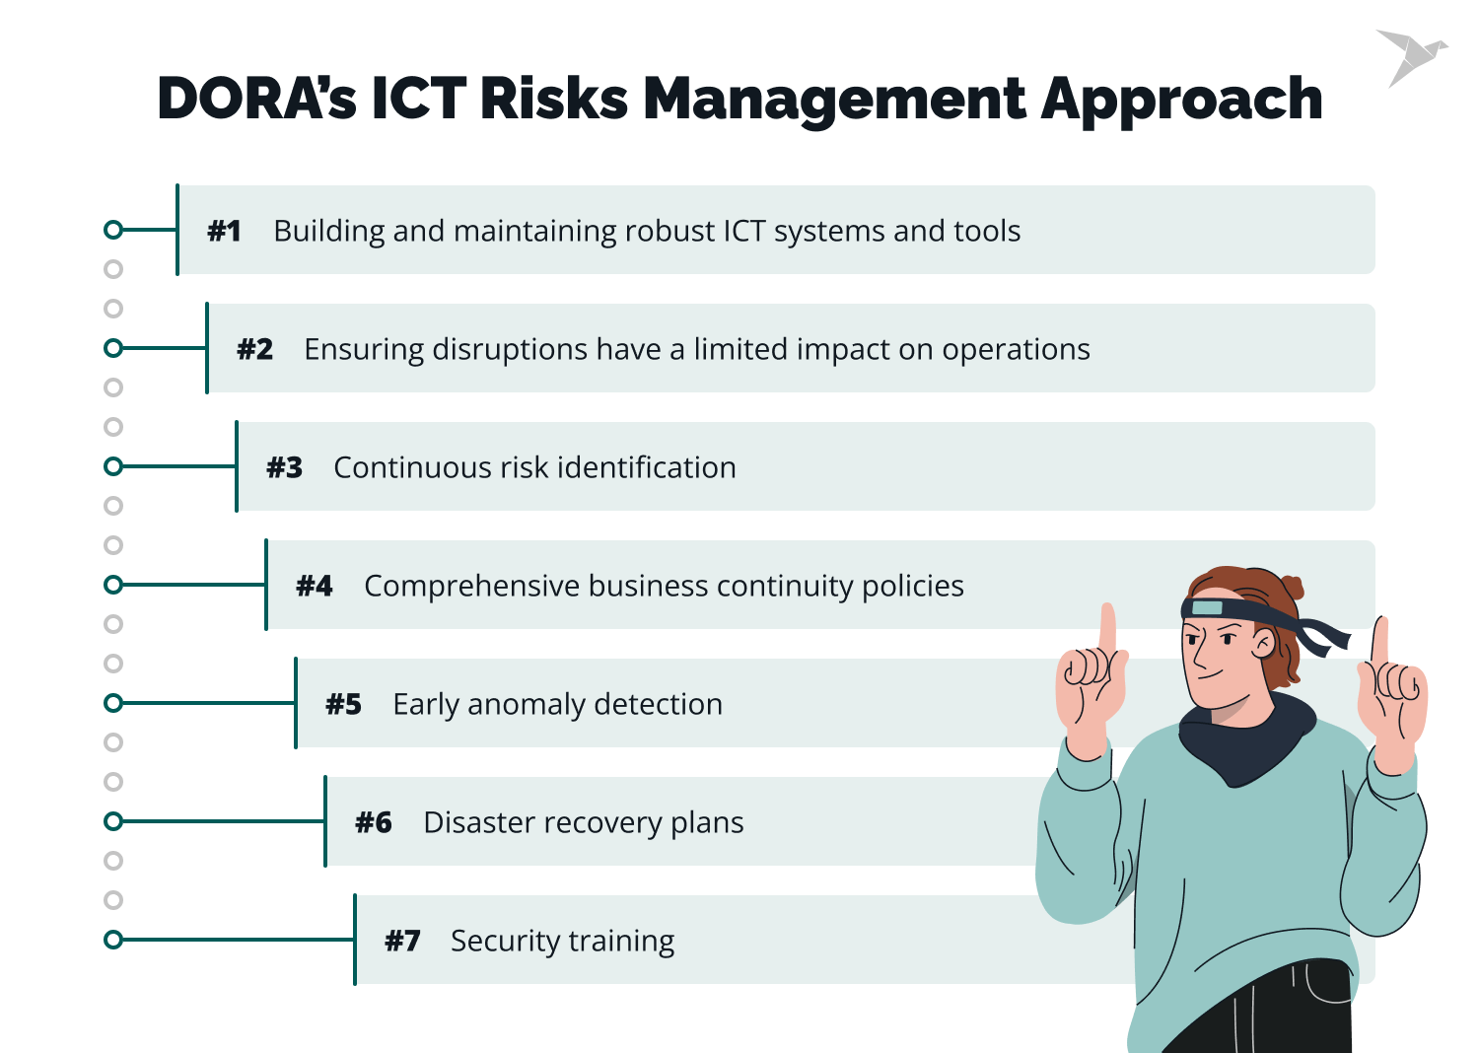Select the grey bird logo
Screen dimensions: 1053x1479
pyautogui.click(x=1410, y=57)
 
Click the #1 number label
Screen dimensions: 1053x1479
pyautogui.click(x=225, y=231)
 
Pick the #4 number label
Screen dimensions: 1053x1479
pyautogui.click(x=315, y=586)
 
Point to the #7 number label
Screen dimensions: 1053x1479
pyautogui.click(x=402, y=941)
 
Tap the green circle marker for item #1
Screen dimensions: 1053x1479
pyautogui.click(x=113, y=230)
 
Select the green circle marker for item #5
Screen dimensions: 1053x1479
pyautogui.click(x=113, y=703)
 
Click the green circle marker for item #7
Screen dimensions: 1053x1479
pyautogui.click(x=113, y=940)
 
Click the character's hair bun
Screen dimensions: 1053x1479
pyautogui.click(x=1290, y=588)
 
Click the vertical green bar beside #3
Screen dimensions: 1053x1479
pyautogui.click(x=237, y=466)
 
